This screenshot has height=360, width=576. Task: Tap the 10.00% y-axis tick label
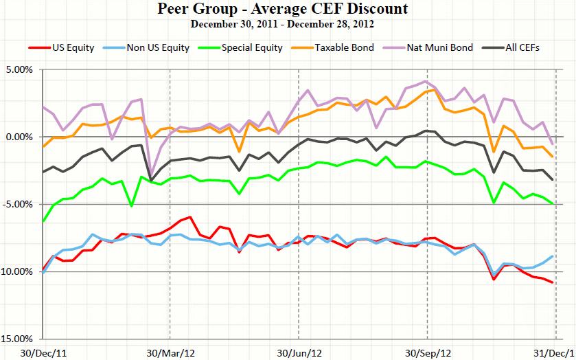(18, 272)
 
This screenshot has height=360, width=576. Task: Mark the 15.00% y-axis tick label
(18, 339)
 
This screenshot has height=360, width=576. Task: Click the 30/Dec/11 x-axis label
(44, 352)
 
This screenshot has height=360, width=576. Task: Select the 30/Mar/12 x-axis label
(170, 352)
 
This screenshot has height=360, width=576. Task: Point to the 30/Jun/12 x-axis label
(298, 352)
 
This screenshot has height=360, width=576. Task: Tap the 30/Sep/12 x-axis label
(428, 352)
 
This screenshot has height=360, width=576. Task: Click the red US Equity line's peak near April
(189, 217)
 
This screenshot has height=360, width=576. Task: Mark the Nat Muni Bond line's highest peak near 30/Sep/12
(426, 82)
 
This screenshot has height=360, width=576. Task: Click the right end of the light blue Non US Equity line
(553, 256)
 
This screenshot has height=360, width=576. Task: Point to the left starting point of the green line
(44, 221)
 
